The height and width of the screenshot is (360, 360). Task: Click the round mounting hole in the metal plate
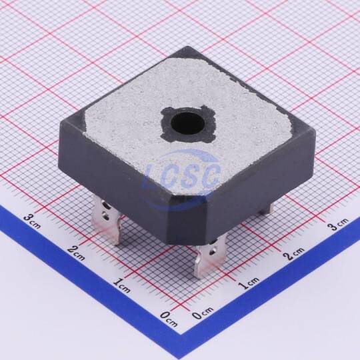coord(188,125)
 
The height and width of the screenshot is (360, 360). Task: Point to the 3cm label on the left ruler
coord(33,221)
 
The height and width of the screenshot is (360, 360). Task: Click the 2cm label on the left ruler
coord(77,253)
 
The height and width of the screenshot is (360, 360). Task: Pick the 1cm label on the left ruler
coord(122,285)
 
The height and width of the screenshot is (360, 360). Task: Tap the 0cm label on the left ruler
coord(169,319)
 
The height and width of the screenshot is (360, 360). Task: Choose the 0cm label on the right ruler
coord(203,313)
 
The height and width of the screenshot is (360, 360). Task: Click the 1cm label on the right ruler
coord(249,283)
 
